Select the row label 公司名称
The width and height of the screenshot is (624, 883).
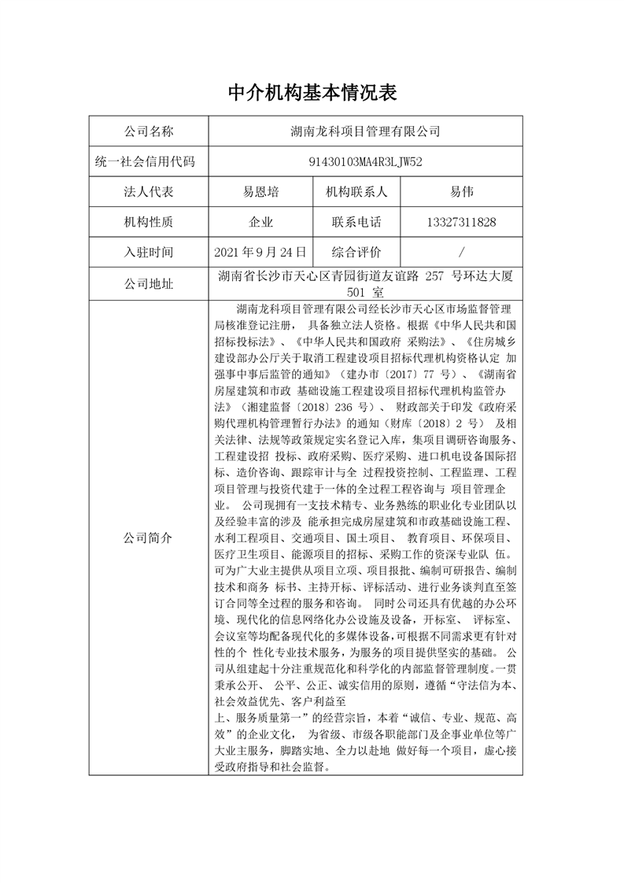coord(149,131)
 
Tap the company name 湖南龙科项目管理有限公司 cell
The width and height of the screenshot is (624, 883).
coord(365,131)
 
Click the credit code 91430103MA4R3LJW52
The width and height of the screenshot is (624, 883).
coord(365,161)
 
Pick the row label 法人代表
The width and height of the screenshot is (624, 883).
coord(149,192)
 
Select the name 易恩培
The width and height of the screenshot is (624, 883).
coord(260,192)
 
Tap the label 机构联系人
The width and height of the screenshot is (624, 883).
coord(356,192)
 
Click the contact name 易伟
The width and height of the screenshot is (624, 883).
coord(461,192)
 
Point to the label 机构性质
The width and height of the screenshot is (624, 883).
coord(149,223)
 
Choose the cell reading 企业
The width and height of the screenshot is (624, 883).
coord(260,223)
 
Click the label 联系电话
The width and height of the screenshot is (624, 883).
coord(356,223)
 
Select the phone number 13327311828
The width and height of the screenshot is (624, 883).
coord(461,223)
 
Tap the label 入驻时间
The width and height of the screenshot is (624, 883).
coord(149,253)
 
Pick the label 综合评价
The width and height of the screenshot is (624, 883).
coord(356,253)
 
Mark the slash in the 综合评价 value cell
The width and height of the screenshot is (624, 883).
coord(461,253)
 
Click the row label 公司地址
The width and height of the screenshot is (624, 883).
coord(149,283)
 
